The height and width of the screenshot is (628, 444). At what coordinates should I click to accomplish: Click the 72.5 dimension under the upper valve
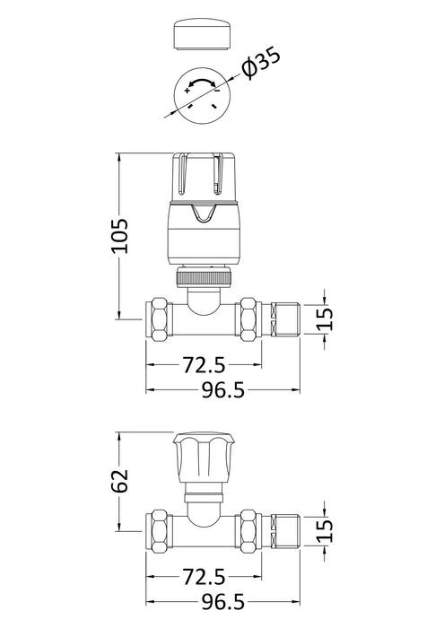pos(204,365)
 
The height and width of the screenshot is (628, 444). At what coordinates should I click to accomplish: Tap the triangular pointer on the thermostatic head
pos(204,214)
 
